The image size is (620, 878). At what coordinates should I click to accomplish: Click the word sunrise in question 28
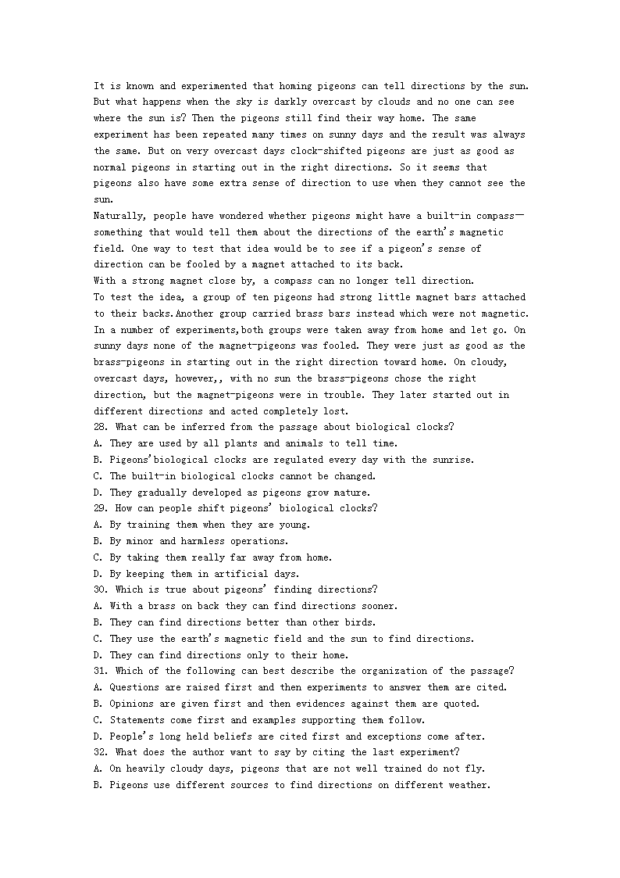point(451,460)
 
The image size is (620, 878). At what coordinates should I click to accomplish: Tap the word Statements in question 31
point(137,720)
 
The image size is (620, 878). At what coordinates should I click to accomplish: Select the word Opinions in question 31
point(131,704)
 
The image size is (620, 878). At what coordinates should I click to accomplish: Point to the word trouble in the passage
point(340,395)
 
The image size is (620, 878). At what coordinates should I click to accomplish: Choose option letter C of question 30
point(98,639)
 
